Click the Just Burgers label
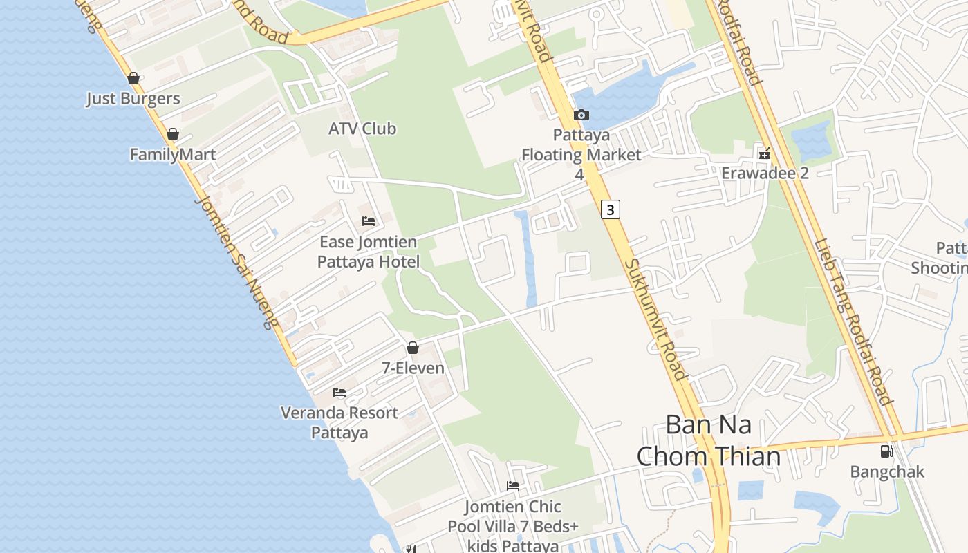coord(133,99)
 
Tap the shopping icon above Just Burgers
coord(133,78)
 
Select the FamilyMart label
coord(173,154)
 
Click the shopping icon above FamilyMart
coord(173,134)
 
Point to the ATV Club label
coord(362,129)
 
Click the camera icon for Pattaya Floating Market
coord(581,115)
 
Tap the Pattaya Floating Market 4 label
coord(581,155)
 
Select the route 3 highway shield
coord(610,209)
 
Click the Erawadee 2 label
coord(765,173)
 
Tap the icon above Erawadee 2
coord(764,153)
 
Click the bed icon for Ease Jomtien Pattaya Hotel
coord(369,221)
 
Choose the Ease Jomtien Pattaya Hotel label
coord(368,252)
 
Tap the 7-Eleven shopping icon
coord(413,348)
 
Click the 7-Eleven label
coord(413,368)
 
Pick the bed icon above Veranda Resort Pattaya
coord(339,393)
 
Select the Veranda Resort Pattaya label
coord(339,422)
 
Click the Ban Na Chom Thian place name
coord(708,440)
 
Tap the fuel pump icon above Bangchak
coord(886,451)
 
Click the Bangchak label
coord(886,472)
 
